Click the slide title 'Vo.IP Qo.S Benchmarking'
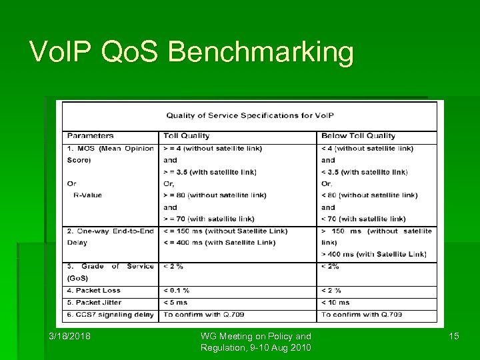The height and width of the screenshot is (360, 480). point(191,52)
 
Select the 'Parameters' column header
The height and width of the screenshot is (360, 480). point(90,136)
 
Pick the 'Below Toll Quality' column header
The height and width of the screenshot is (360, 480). point(358,136)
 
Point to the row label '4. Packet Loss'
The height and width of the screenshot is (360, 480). point(93,290)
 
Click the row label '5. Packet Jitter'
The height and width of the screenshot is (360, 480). point(95,302)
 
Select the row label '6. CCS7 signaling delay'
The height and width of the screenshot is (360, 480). point(109,314)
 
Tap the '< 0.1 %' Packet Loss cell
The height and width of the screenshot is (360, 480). point(177,290)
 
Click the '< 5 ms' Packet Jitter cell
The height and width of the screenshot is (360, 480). point(175,302)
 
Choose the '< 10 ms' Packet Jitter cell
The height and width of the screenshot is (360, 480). point(335,302)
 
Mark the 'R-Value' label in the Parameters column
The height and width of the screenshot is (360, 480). point(87,195)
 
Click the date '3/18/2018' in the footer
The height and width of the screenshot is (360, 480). point(69,336)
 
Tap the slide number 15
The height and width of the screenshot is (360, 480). point(454,336)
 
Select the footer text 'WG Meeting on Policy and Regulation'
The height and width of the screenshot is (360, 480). point(256,341)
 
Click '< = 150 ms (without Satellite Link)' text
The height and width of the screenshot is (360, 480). point(225,231)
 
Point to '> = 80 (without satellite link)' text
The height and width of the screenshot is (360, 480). point(215,195)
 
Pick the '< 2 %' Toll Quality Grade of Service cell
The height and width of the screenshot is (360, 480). point(173,266)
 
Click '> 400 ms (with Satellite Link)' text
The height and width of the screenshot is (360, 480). point(373,254)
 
